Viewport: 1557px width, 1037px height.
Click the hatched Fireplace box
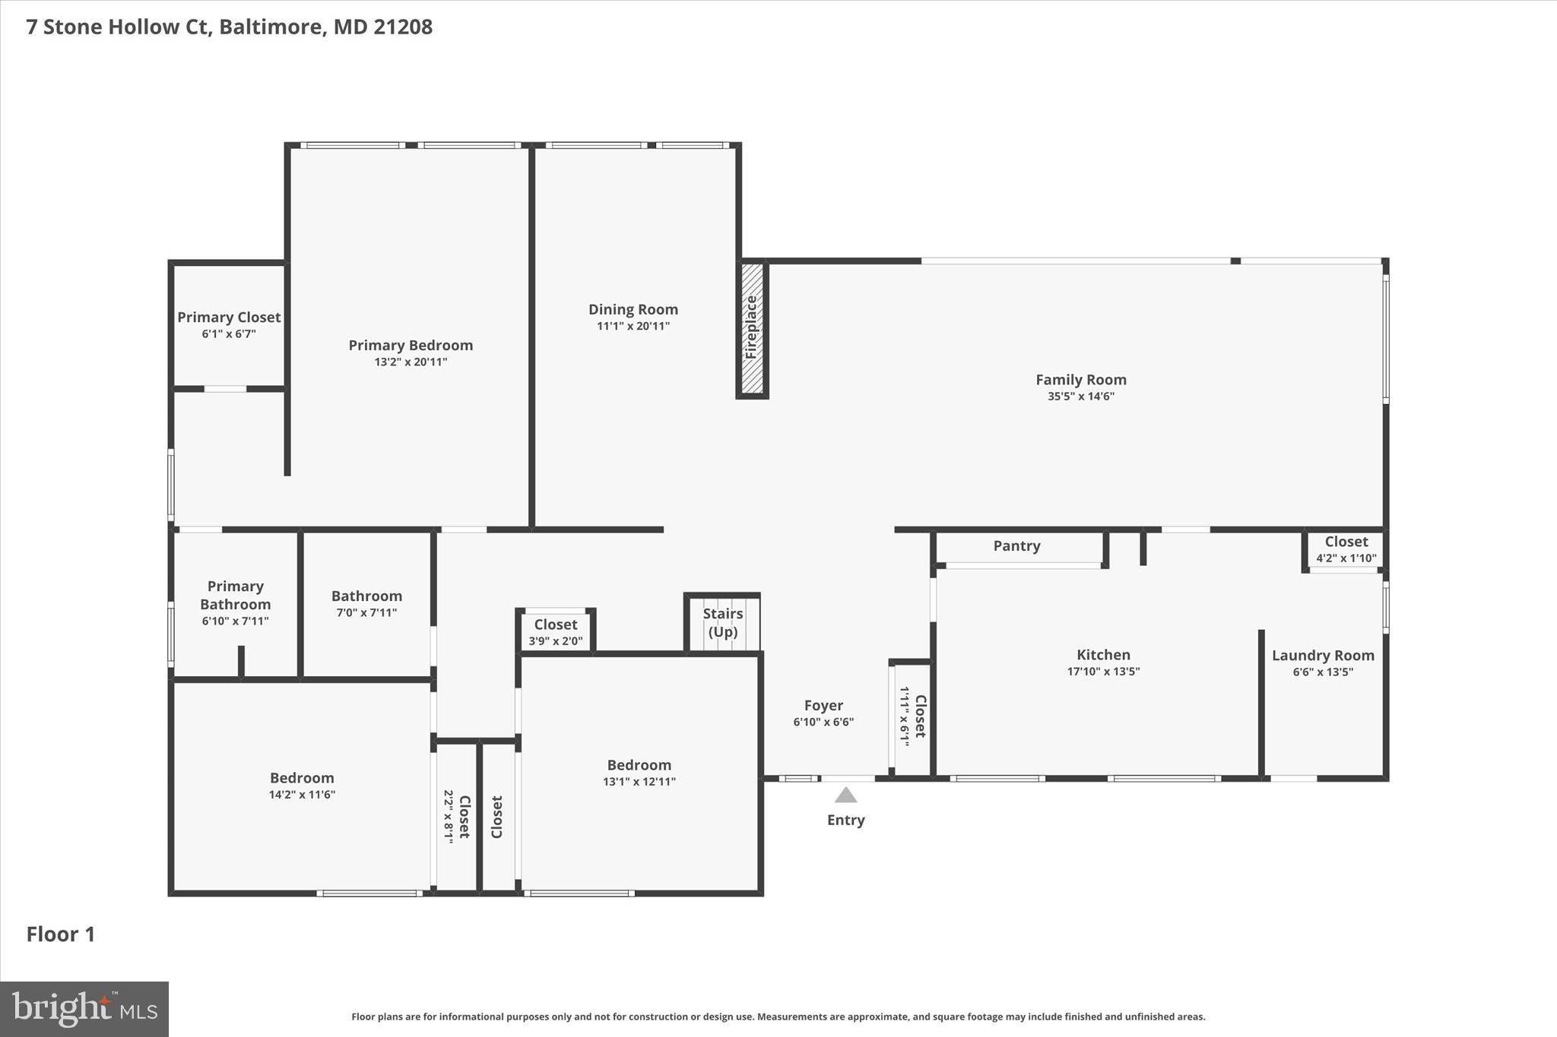[x=752, y=328]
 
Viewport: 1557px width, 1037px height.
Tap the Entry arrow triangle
[x=845, y=795]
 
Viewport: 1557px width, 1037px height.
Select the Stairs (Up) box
[x=722, y=623]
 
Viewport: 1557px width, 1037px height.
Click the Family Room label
[x=1080, y=380]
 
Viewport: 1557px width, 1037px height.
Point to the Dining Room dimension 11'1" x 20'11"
[x=633, y=327]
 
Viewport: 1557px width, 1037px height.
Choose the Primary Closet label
[x=229, y=318]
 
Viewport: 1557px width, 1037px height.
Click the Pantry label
[x=1016, y=546]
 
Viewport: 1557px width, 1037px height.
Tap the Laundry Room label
[x=1322, y=656]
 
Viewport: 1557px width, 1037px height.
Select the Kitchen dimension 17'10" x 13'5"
[x=1103, y=672]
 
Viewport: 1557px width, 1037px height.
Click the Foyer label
[x=823, y=706]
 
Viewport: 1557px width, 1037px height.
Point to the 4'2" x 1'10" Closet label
[x=1346, y=542]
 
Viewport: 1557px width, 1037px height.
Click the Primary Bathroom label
[x=235, y=596]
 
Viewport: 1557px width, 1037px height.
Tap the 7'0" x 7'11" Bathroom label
[x=366, y=596]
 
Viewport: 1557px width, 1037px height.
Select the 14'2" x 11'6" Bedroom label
[x=302, y=778]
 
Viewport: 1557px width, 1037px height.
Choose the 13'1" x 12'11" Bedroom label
[x=639, y=765]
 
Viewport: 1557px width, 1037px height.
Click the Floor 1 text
[x=61, y=934]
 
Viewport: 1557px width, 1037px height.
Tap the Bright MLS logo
[x=84, y=1009]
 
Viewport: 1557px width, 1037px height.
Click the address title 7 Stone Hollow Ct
[x=229, y=27]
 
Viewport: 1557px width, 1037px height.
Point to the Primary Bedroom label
[x=411, y=346]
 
